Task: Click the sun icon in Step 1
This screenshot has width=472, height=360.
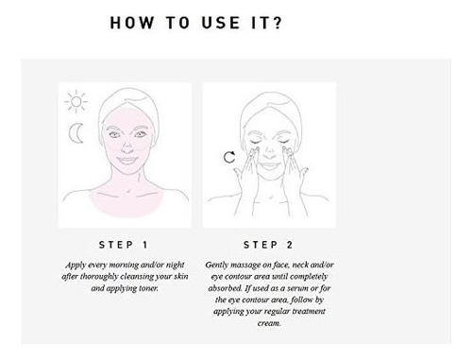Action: coord(76,101)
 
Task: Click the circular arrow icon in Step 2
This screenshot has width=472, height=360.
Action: coord(229,157)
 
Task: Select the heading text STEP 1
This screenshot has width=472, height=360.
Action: coord(124,245)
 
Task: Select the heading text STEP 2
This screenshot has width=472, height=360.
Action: coord(268,245)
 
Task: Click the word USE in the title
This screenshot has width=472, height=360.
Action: coord(221,23)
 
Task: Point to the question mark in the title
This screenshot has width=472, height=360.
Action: coord(278,23)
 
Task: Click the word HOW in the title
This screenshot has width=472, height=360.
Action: coord(132,23)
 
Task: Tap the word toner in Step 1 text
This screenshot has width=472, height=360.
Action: coord(148,288)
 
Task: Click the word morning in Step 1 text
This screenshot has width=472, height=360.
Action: coord(124,266)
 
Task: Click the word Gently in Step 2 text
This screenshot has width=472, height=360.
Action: coord(217,266)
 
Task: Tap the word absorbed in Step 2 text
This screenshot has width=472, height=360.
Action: coord(225,288)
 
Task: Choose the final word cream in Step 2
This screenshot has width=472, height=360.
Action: coord(269,323)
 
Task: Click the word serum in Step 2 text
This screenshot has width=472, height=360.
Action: coord(297,288)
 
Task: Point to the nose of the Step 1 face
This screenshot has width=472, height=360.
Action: coord(126,147)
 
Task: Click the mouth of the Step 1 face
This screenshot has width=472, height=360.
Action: coord(126,161)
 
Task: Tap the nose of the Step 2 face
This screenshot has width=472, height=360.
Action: coord(269,154)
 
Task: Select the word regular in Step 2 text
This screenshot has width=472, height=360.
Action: coord(277,312)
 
